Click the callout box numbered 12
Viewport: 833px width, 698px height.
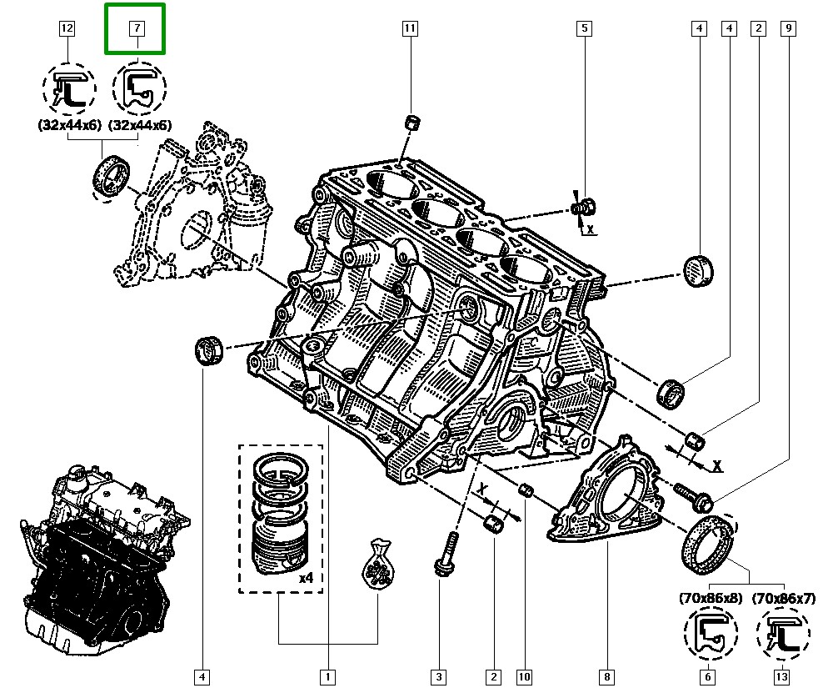pyautogui.click(x=67, y=28)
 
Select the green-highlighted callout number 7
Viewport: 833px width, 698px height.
pyautogui.click(x=135, y=28)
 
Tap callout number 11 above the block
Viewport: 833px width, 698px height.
pyautogui.click(x=409, y=28)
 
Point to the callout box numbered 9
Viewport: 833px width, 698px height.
pyautogui.click(x=788, y=28)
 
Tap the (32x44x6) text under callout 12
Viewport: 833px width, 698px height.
pyautogui.click(x=67, y=125)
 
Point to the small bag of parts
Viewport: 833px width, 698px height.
pyautogui.click(x=377, y=570)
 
